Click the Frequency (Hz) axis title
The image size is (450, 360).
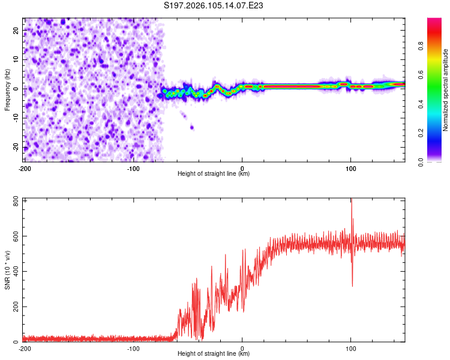7,89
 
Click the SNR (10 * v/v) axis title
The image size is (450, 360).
7,270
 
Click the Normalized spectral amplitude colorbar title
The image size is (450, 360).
446,90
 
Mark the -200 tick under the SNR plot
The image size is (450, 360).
25,349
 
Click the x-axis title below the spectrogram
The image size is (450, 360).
214,174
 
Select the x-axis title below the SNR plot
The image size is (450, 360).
214,353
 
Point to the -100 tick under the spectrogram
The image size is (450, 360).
133,169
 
